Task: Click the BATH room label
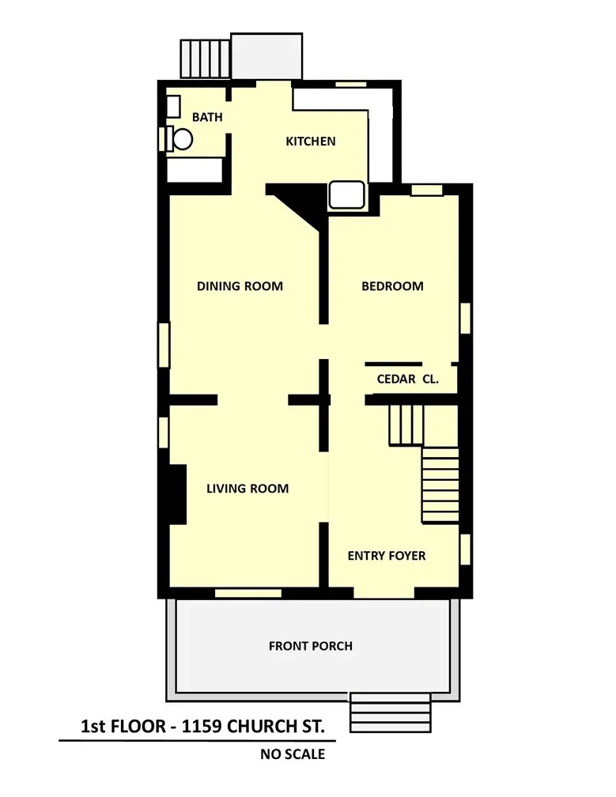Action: tap(207, 117)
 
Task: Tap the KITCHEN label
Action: tap(311, 142)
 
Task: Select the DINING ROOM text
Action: tap(240, 286)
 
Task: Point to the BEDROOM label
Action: tap(392, 286)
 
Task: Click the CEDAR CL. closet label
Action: tap(407, 379)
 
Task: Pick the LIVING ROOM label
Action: tap(248, 489)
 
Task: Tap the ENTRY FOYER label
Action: tap(387, 556)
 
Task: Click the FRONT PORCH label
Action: tap(311, 646)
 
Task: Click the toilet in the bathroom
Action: tap(180, 138)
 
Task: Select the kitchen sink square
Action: tap(346, 195)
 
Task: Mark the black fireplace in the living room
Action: tap(177, 494)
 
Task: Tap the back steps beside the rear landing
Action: tap(206, 59)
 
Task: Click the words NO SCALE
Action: tap(293, 754)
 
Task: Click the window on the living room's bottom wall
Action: tap(248, 593)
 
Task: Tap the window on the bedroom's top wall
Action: tap(427, 190)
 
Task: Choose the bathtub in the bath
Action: tap(195, 170)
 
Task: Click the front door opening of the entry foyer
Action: tap(384, 593)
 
